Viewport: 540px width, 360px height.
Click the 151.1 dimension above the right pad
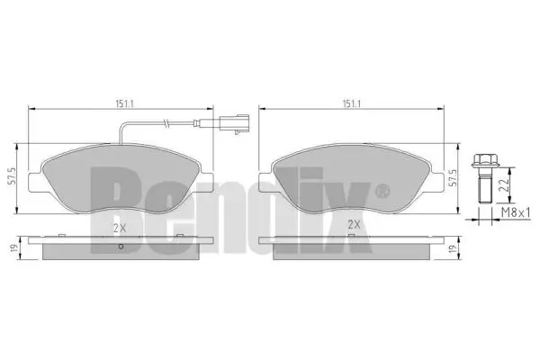click(x=351, y=103)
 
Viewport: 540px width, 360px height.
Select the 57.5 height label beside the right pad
click(x=453, y=178)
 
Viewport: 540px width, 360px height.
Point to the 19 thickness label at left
click(x=13, y=247)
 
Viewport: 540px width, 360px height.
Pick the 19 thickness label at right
click(x=453, y=248)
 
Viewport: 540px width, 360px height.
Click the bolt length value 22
click(x=503, y=185)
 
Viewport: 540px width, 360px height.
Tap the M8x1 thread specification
click(x=515, y=213)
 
